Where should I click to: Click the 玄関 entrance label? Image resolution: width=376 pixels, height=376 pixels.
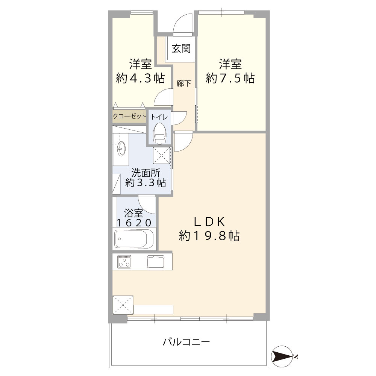pyautogui.click(x=181, y=49)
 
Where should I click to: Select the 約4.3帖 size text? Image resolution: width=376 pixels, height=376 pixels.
pyautogui.click(x=140, y=78)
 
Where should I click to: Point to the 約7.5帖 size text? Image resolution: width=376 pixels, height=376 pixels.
pyautogui.click(x=230, y=78)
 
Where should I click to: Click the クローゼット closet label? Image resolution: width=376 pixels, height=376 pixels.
pyautogui.click(x=129, y=117)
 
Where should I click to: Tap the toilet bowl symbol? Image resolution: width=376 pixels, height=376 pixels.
pyautogui.click(x=159, y=133)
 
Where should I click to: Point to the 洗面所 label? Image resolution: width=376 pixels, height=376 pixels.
pyautogui.click(x=146, y=173)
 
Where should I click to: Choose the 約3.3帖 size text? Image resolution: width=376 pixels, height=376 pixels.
pyautogui.click(x=146, y=183)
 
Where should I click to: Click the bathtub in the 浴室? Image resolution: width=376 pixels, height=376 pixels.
pyautogui.click(x=134, y=238)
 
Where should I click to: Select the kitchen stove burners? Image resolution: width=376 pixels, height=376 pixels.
pyautogui.click(x=124, y=261)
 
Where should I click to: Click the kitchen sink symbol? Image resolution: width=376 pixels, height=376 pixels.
pyautogui.click(x=156, y=261)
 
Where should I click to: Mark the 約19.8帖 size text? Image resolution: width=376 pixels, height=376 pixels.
pyautogui.click(x=209, y=236)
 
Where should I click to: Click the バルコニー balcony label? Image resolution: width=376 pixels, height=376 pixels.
pyautogui.click(x=186, y=342)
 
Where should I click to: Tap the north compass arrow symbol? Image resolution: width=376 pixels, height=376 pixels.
pyautogui.click(x=282, y=356)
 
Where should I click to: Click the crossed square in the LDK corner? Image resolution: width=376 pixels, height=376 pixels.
pyautogui.click(x=122, y=305)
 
